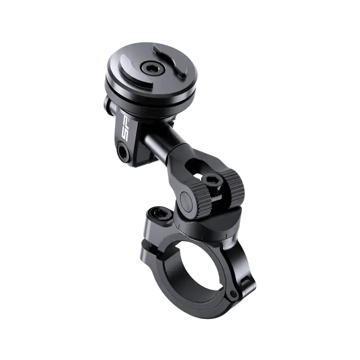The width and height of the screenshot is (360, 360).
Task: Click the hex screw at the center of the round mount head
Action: tap(149, 67)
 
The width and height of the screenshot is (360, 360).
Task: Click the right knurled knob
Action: tap(232, 188)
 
